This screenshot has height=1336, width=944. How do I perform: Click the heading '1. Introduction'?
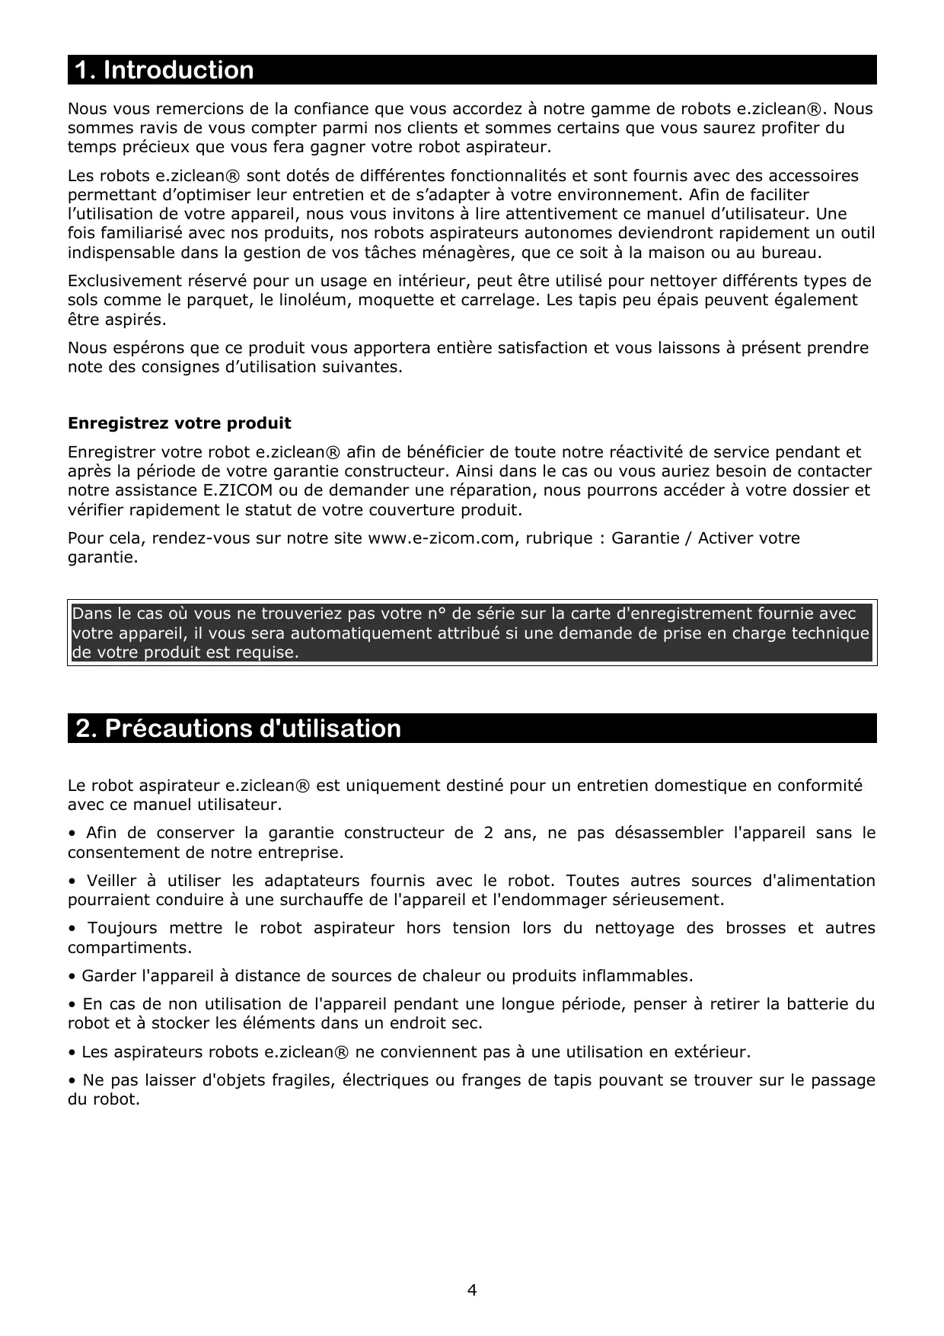(164, 70)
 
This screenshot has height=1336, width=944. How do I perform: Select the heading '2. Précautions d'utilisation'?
(238, 729)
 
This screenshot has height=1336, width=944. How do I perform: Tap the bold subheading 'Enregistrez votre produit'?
(180, 422)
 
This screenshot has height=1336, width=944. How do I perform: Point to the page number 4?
(472, 1290)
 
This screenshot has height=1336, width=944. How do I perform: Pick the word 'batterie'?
(814, 1004)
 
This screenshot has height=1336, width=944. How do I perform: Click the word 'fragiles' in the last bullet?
(301, 1080)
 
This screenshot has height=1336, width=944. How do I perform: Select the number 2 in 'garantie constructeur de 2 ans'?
(488, 833)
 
